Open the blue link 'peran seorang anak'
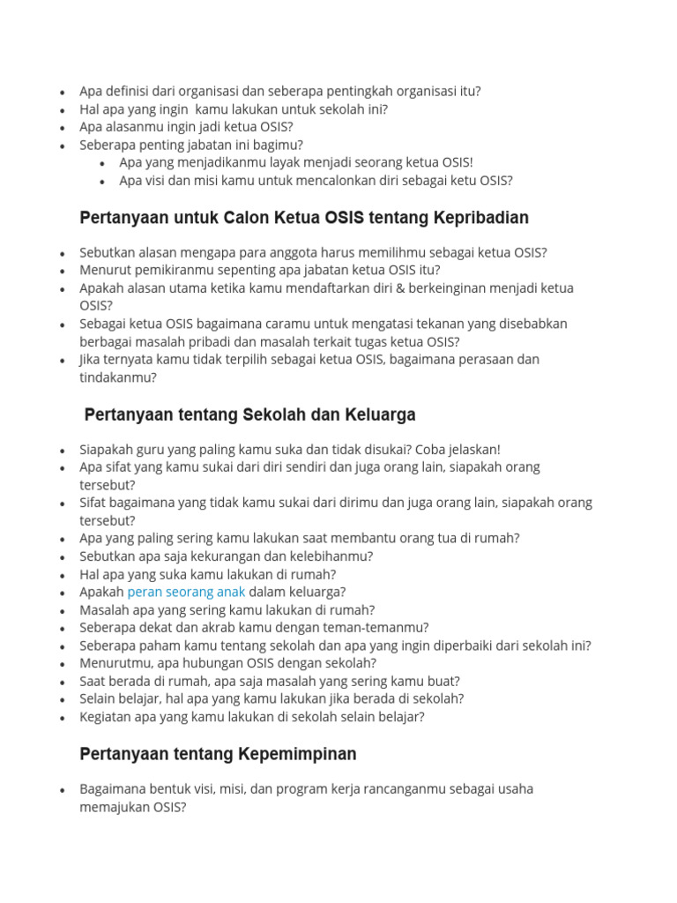(x=186, y=592)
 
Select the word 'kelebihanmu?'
(x=330, y=556)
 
